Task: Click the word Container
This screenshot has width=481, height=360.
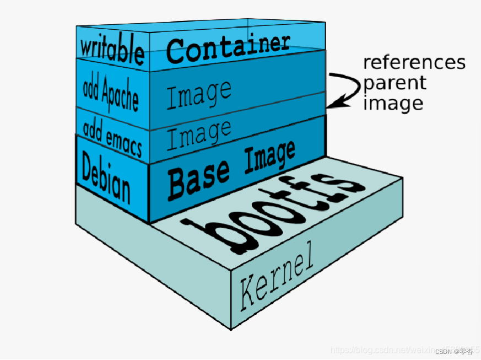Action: pos(228,46)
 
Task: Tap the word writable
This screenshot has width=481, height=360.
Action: pos(112,50)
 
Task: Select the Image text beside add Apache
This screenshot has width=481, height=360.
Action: pos(199,94)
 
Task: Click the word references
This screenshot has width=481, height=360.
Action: pos(414,62)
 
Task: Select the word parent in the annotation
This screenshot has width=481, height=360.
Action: pos(394,83)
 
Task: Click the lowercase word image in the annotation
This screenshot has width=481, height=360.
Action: pos(393,104)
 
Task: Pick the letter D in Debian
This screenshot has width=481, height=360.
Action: pos(87,166)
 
